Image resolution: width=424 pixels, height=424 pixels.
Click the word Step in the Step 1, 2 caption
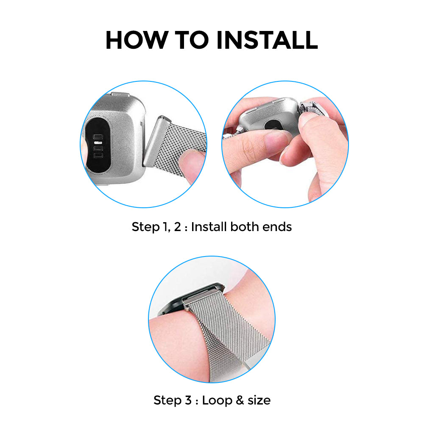[145, 227]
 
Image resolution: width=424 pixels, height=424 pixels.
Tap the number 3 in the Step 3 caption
[188, 400]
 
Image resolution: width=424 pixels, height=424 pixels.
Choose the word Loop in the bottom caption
[217, 401]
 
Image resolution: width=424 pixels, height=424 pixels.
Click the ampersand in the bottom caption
[240, 400]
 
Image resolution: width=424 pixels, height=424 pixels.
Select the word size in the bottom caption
[259, 400]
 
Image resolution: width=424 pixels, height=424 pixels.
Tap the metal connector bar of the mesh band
[156, 141]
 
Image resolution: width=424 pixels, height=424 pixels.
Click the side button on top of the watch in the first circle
[121, 95]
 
